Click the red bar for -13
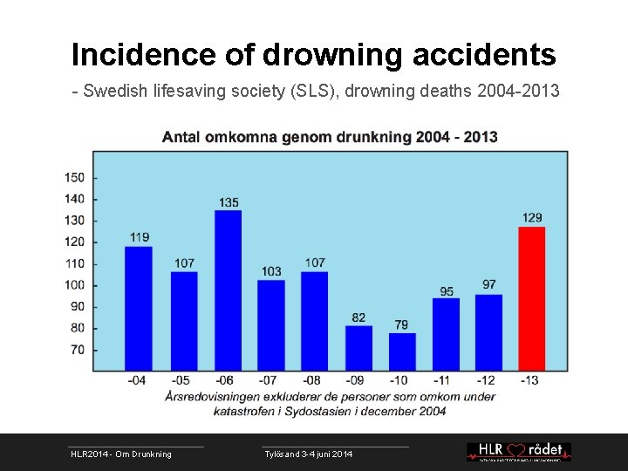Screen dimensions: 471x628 531,298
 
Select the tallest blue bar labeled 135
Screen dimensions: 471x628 228,290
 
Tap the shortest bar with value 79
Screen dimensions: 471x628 402,352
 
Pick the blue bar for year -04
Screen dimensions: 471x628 138,308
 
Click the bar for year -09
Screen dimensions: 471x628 358,348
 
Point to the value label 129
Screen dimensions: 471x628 533,217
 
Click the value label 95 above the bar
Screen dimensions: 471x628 447,291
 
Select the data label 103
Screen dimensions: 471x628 271,271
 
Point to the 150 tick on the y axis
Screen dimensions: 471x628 75,178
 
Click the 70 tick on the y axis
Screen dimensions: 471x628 78,350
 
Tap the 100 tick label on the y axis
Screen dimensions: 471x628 75,285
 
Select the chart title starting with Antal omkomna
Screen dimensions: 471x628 330,137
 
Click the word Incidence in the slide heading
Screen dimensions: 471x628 142,55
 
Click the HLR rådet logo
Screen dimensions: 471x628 518,451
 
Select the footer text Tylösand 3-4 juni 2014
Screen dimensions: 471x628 308,454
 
